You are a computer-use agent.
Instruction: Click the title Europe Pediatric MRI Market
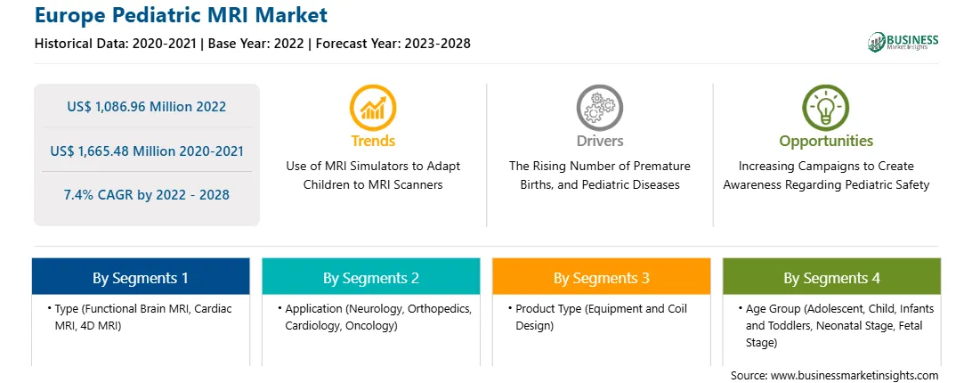181,15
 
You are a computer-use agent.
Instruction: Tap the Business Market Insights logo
903,42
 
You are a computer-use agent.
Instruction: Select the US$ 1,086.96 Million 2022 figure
146,107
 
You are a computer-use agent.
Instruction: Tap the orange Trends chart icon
373,108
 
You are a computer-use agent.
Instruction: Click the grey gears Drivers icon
599,108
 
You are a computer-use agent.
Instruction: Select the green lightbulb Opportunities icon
826,108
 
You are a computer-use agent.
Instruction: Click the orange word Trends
373,141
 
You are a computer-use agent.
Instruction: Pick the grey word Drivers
599,141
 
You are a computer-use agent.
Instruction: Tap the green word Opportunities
826,142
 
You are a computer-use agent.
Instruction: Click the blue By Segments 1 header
141,278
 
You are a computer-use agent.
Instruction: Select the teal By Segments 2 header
370,278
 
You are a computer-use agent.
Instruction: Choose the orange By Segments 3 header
602,278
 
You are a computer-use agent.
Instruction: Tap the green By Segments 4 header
831,278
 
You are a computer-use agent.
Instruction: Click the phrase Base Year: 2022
255,44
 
